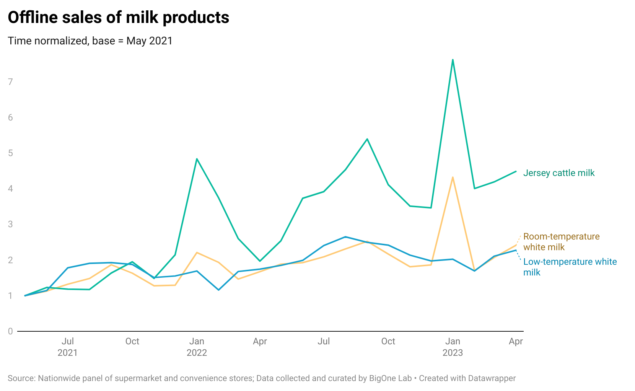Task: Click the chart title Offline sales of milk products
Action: point(118,18)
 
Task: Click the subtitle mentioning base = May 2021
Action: point(90,41)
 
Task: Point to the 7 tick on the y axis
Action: point(10,81)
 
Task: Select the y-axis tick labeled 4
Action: point(10,189)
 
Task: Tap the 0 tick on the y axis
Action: point(10,331)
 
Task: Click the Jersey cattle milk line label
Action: point(558,173)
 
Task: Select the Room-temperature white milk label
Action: point(561,241)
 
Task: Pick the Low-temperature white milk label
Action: point(570,267)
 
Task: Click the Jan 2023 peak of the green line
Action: point(453,60)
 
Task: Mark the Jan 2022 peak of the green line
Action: point(197,159)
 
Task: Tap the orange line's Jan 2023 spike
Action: point(453,178)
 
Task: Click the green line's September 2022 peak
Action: point(367,139)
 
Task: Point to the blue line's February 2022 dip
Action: point(218,290)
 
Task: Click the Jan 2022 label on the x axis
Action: point(197,347)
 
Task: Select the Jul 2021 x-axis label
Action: point(68,347)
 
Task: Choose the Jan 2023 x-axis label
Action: point(453,347)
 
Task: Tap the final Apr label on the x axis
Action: point(515,341)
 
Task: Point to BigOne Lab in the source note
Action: point(390,378)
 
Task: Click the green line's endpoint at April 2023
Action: point(516,171)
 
